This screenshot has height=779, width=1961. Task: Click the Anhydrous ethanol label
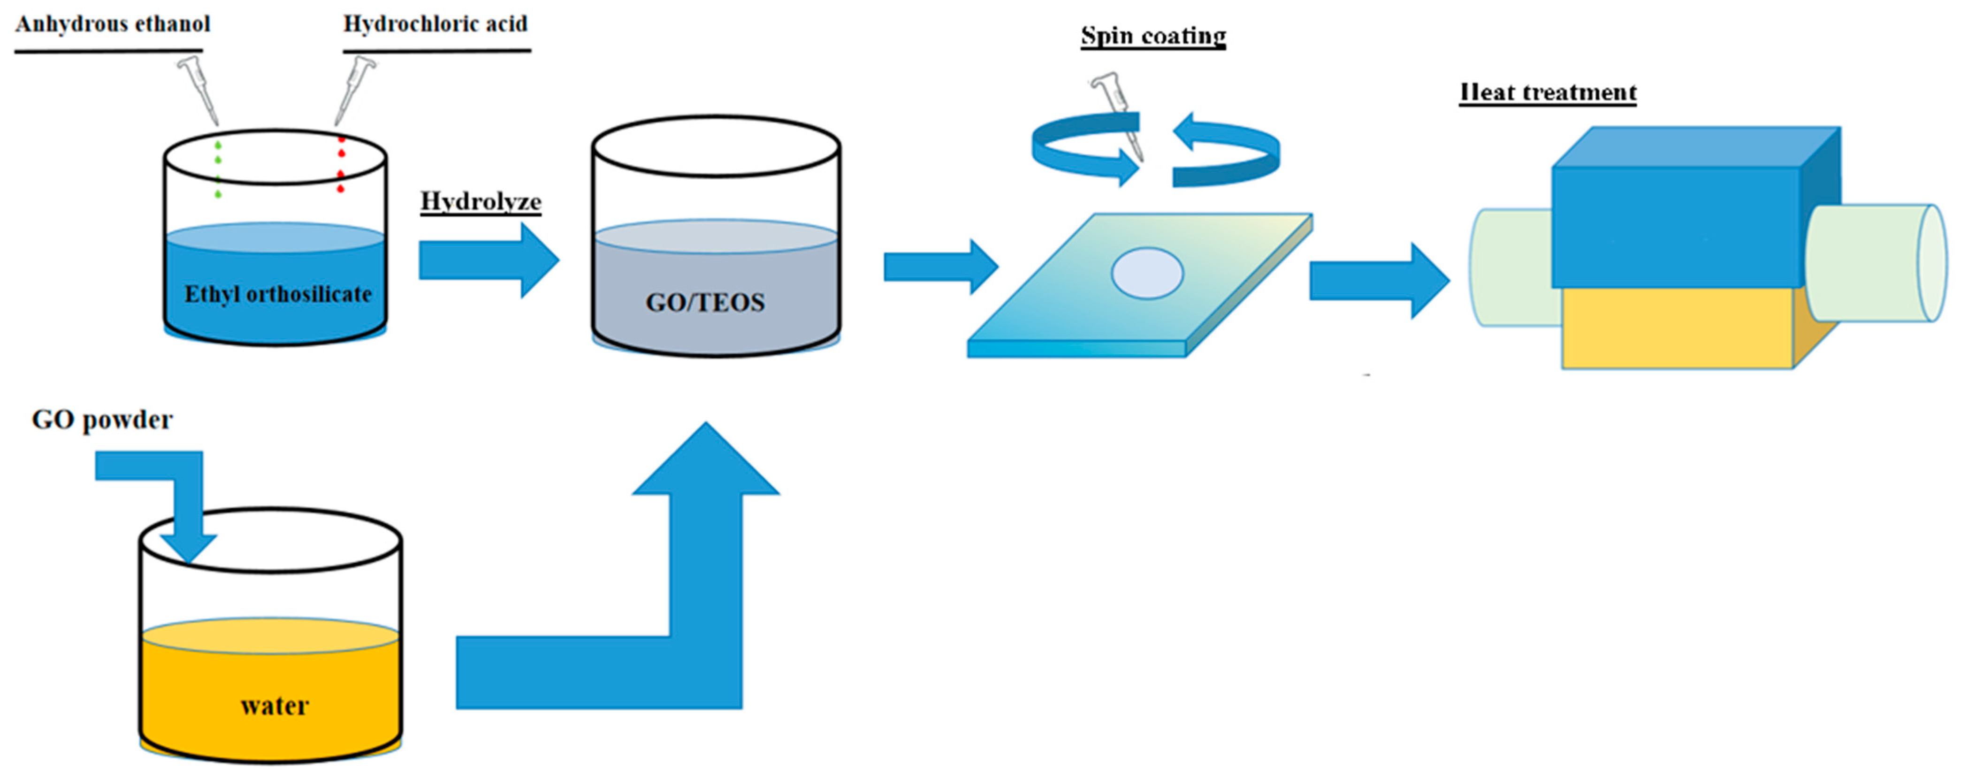(x=113, y=24)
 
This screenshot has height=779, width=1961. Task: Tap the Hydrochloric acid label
(x=435, y=24)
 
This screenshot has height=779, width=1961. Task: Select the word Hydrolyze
(x=481, y=202)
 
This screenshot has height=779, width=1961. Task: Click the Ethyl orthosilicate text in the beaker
(x=278, y=294)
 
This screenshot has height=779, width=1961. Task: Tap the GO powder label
(x=102, y=420)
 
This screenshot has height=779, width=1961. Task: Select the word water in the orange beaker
(x=274, y=706)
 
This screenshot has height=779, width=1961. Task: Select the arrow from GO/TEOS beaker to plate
(x=940, y=267)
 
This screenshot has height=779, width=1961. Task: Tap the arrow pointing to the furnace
(x=1378, y=280)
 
